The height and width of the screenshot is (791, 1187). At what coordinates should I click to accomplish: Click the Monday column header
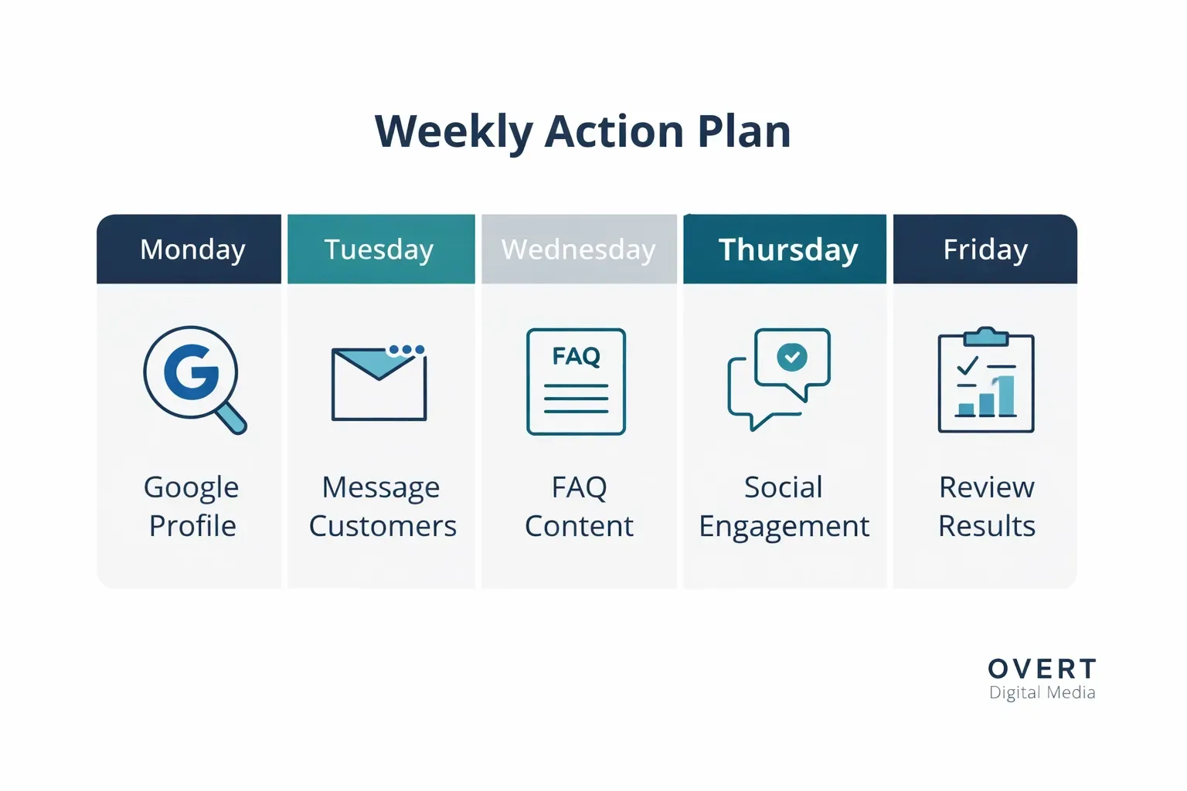pyautogui.click(x=189, y=249)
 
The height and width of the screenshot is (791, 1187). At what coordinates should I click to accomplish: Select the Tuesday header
pyautogui.click(x=381, y=249)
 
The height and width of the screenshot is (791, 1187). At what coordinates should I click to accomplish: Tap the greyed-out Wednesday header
pyautogui.click(x=579, y=249)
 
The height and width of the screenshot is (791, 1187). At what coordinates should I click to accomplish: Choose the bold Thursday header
pyautogui.click(x=785, y=249)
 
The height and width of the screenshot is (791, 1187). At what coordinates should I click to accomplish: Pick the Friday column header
pyautogui.click(x=985, y=249)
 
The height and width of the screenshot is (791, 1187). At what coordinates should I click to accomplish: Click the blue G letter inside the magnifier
pyautogui.click(x=192, y=372)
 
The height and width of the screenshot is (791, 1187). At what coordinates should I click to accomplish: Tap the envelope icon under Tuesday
pyautogui.click(x=379, y=384)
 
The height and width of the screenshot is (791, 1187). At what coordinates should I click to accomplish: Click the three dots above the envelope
pyautogui.click(x=406, y=350)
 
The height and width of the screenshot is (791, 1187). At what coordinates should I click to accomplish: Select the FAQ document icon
pyautogui.click(x=576, y=382)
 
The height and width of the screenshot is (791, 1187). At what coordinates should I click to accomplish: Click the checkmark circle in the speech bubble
pyautogui.click(x=792, y=357)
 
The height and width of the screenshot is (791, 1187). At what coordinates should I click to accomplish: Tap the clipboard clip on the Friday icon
pyautogui.click(x=985, y=337)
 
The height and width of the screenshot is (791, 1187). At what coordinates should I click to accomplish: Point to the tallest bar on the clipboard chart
pyautogui.click(x=1005, y=395)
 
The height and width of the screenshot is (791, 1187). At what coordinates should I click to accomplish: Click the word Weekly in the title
pyautogui.click(x=454, y=131)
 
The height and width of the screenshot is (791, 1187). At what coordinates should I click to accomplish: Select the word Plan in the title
pyautogui.click(x=744, y=131)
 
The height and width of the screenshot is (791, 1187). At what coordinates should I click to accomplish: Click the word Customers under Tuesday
pyautogui.click(x=383, y=526)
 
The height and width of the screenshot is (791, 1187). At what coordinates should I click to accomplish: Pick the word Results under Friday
pyautogui.click(x=987, y=526)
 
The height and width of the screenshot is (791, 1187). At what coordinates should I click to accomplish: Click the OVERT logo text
pyautogui.click(x=1042, y=669)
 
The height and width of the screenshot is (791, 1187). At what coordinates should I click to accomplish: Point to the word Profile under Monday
pyautogui.click(x=192, y=526)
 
